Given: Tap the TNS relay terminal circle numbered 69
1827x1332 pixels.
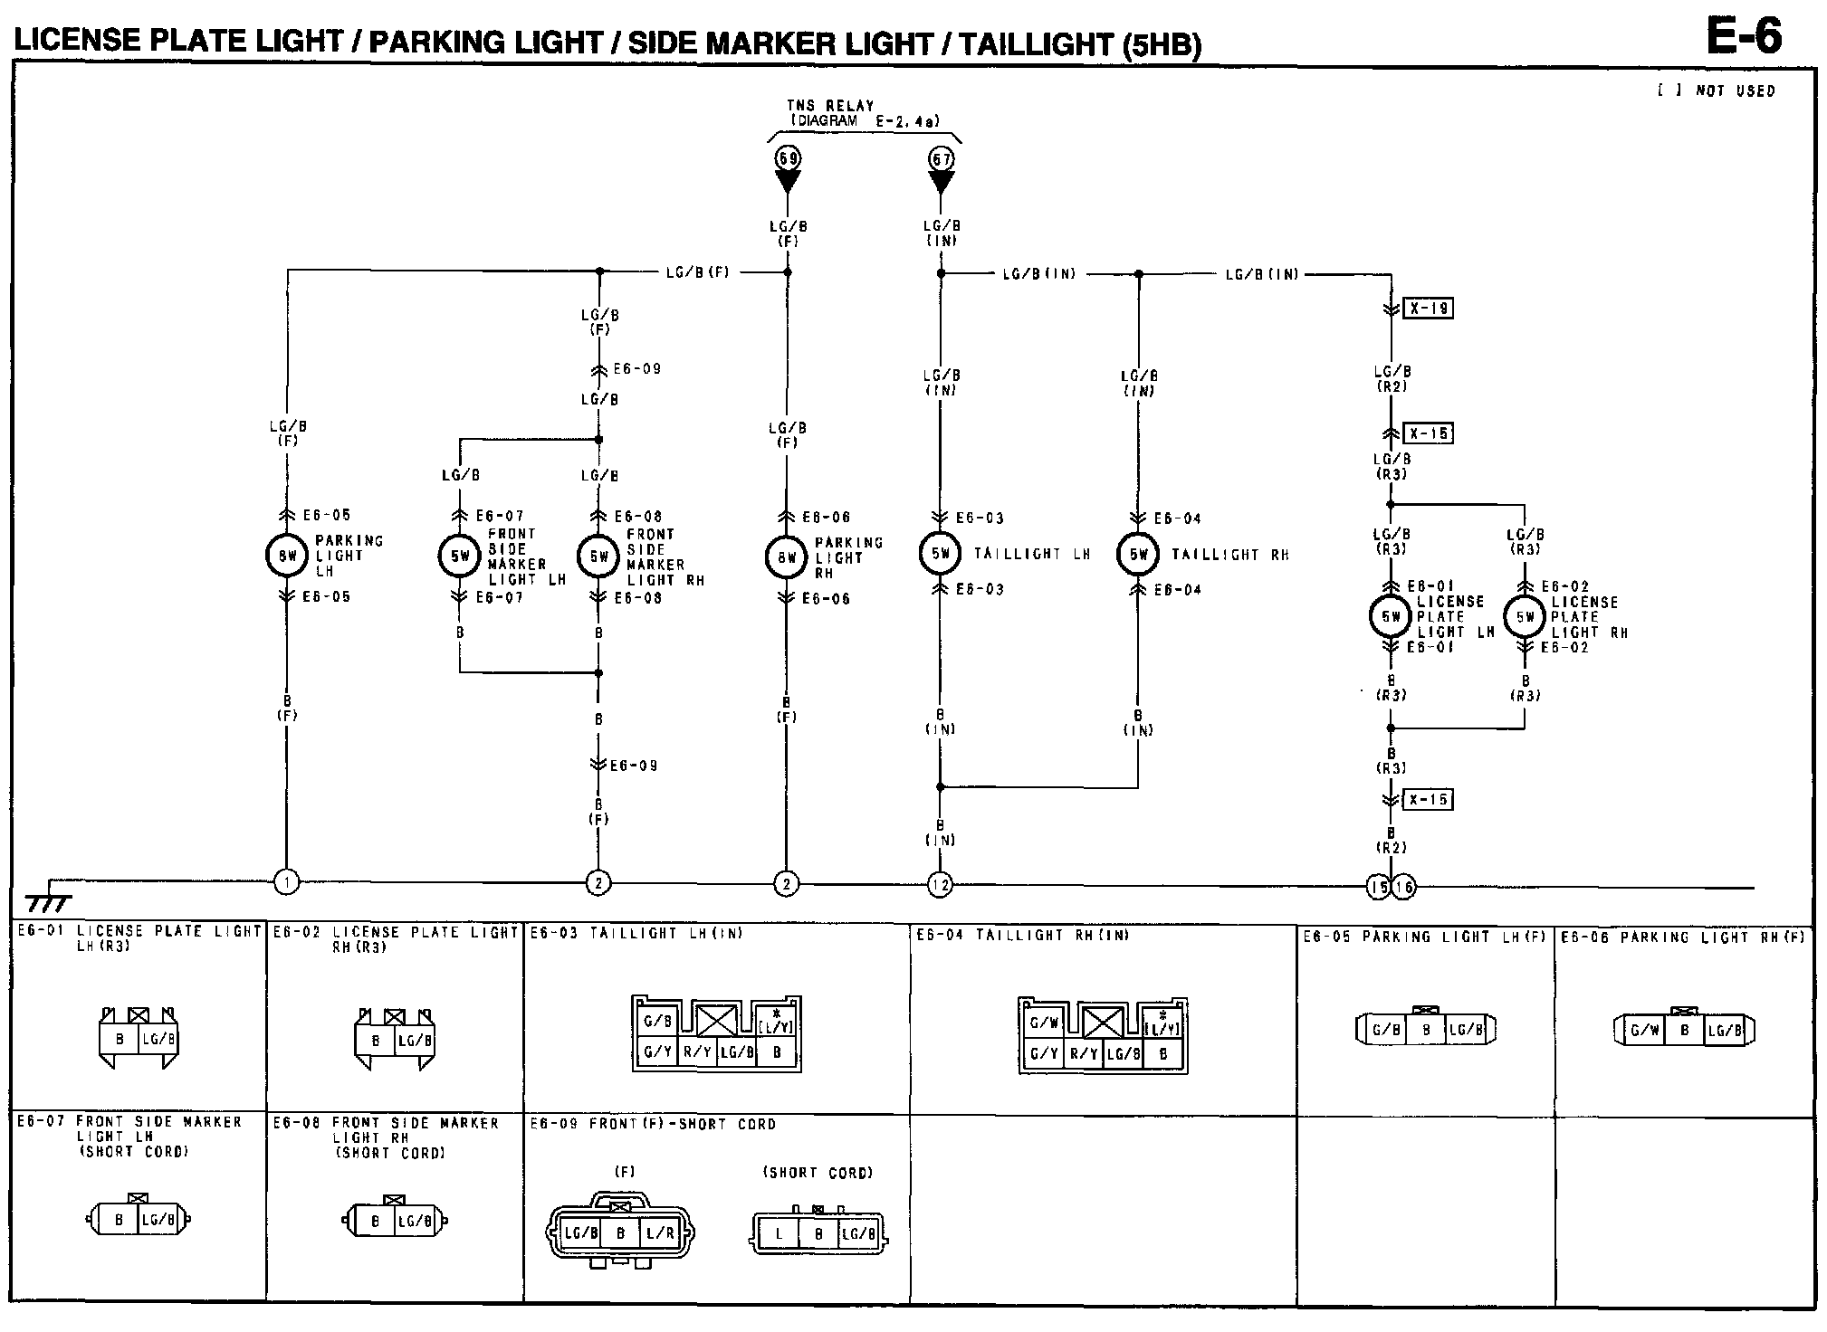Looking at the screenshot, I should tap(788, 158).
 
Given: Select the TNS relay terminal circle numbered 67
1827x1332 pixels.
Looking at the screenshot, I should tap(942, 158).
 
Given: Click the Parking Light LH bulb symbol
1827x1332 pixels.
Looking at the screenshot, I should tap(287, 556).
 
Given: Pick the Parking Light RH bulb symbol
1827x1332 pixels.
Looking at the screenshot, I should tap(786, 557).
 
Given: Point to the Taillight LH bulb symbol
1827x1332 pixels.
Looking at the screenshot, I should tap(941, 554).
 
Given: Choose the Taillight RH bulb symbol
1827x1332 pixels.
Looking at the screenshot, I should tap(1138, 554).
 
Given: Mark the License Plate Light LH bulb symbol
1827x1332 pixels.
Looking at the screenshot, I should tap(1391, 616).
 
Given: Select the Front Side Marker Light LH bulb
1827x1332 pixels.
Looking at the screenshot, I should tap(460, 556).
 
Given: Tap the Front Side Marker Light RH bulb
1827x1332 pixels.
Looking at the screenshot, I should tap(598, 556).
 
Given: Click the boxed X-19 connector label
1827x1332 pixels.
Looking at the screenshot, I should tap(1428, 309).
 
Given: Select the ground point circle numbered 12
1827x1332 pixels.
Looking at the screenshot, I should tap(940, 884).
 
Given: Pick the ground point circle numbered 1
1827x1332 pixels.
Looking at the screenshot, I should tap(286, 881).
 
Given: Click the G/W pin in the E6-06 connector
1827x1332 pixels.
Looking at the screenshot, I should tap(1643, 1030).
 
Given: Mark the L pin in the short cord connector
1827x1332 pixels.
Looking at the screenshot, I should tap(779, 1233).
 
